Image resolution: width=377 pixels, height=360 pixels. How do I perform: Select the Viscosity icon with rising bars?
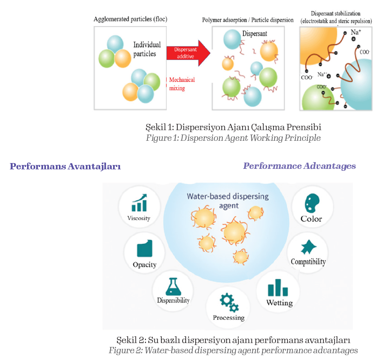click(139, 203)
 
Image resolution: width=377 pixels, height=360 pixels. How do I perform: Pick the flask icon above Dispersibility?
click(173, 286)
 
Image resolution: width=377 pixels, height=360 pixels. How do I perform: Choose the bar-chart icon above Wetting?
click(278, 288)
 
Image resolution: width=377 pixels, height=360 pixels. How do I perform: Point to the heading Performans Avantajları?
click(65, 166)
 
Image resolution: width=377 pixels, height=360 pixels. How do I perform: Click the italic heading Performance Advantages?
click(299, 166)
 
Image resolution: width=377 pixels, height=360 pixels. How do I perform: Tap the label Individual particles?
click(147, 49)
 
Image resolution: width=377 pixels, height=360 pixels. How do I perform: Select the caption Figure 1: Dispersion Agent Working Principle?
click(233, 138)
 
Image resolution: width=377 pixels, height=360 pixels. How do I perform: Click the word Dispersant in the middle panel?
click(254, 34)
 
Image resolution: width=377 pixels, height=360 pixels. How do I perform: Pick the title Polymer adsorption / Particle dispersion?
click(247, 20)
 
